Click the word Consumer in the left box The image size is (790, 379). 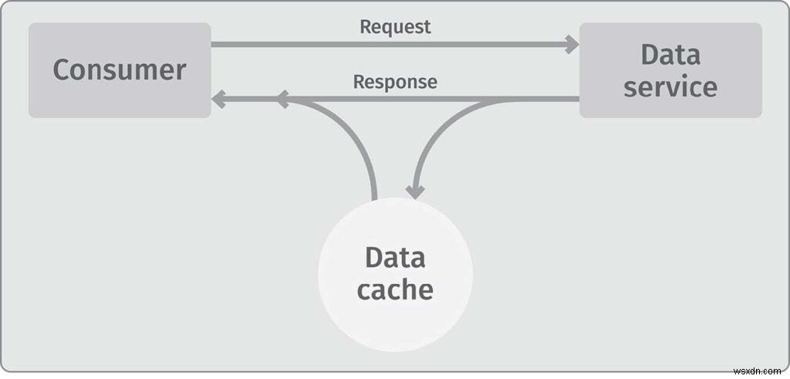[120, 69]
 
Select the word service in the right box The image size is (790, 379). [670, 86]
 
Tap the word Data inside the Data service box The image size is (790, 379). [670, 54]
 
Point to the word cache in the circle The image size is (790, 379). [395, 289]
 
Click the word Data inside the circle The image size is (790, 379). [395, 257]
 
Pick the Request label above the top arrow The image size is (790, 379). [395, 26]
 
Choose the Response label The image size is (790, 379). [395, 81]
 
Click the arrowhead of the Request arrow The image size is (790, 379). [572, 44]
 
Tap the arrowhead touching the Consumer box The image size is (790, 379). [218, 99]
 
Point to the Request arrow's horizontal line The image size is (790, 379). [386, 44]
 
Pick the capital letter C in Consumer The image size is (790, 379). [61, 69]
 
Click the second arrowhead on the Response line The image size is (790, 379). [282, 99]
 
